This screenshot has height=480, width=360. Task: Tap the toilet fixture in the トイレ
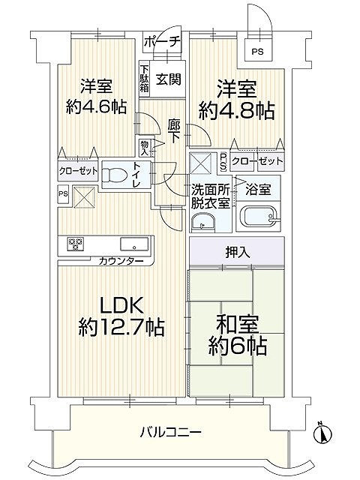tap(115, 175)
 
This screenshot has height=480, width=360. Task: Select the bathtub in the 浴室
tap(259, 218)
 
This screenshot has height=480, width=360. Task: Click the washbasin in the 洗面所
tap(202, 222)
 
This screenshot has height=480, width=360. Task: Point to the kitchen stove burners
tap(75, 243)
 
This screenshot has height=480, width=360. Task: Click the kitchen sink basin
tap(134, 244)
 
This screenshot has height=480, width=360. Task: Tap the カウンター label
tap(121, 261)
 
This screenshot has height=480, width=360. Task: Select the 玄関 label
tap(169, 79)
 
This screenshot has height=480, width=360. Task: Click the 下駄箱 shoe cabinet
tap(145, 79)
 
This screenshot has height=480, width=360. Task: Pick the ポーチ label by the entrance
tap(162, 41)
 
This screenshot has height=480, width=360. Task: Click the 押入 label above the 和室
tap(238, 253)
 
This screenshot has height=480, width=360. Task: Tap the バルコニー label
tap(171, 432)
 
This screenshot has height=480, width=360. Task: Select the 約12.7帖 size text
tap(121, 328)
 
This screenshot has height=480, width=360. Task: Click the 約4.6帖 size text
tap(96, 106)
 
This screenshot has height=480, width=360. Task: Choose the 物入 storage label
tap(144, 147)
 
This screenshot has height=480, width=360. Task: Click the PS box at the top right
tap(257, 52)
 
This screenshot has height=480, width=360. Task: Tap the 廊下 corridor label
tap(174, 131)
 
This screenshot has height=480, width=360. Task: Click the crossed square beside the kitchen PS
tap(83, 196)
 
